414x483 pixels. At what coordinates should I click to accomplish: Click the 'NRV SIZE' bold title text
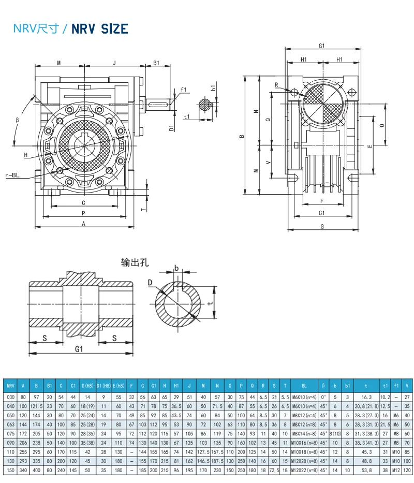coord(99,29)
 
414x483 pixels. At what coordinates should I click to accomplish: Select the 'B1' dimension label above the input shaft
coord(156,64)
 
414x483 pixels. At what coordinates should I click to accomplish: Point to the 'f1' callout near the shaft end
coord(183,90)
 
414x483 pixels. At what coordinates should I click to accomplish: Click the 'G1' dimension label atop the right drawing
coord(321,46)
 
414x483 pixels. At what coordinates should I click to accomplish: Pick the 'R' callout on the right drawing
coord(276,85)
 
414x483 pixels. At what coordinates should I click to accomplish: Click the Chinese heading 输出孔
coord(135,262)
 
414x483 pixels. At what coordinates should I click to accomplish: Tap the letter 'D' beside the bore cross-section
coord(150,283)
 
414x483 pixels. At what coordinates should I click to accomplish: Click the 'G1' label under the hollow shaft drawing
coord(79,349)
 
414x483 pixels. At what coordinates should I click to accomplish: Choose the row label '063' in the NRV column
coord(10,424)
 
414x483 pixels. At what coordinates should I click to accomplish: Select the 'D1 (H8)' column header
coord(103,386)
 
